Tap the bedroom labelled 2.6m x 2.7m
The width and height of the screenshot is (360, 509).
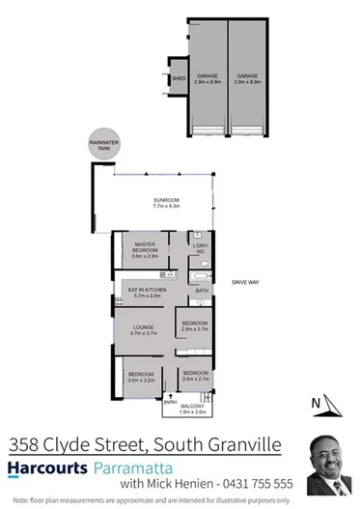click(196, 376)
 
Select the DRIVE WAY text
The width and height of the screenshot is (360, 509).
click(243, 282)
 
